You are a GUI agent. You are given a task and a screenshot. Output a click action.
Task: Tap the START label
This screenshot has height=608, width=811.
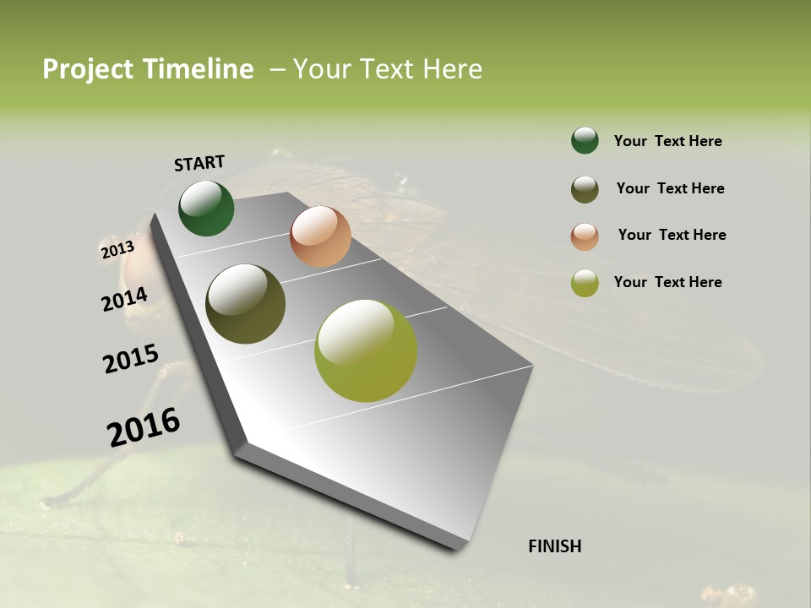click(199, 163)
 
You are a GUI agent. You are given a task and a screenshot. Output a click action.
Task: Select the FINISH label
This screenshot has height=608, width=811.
click(554, 546)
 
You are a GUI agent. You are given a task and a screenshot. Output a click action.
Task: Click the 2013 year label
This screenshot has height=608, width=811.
click(117, 249)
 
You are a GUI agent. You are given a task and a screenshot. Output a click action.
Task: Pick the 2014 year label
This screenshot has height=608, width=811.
click(125, 299)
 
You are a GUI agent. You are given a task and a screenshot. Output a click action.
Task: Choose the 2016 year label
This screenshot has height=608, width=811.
click(144, 426)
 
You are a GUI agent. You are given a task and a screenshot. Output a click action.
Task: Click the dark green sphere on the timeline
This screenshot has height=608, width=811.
click(206, 208)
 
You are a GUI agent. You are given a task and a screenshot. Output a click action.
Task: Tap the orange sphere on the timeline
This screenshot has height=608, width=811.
click(320, 236)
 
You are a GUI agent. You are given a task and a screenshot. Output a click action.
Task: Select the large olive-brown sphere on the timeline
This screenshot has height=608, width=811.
click(246, 304)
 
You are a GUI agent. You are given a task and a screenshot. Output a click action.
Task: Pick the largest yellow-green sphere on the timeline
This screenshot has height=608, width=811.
click(366, 350)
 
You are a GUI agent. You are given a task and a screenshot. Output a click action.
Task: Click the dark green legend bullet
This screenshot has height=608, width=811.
click(585, 141)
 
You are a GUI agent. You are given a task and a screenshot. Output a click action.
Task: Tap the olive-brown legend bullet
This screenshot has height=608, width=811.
click(585, 189)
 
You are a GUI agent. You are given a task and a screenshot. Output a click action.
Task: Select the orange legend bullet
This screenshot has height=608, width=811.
click(585, 236)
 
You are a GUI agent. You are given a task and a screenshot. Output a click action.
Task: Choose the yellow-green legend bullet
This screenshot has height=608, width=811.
click(585, 284)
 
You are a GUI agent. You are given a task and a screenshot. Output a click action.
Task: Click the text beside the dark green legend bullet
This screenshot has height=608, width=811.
click(667, 142)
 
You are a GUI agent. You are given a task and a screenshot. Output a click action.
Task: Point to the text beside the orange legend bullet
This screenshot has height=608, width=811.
click(672, 235)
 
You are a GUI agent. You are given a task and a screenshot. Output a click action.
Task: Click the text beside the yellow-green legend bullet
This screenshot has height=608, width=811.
click(667, 282)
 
